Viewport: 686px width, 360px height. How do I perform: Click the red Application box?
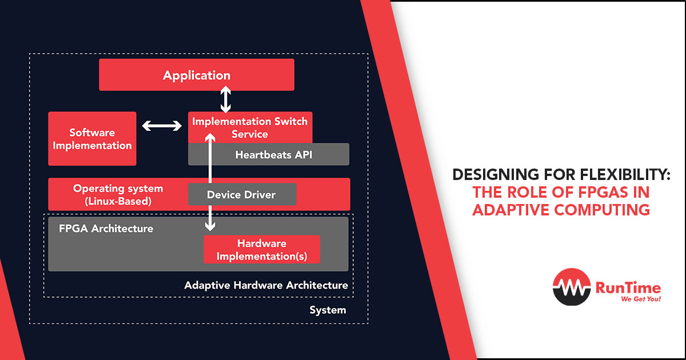(197, 75)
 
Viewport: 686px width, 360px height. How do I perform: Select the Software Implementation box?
(92, 139)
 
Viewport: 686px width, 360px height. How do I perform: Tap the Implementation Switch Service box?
(250, 127)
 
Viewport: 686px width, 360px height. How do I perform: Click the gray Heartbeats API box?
(268, 154)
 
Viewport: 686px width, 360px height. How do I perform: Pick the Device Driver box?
(242, 195)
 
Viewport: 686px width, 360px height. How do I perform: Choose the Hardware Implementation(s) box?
(261, 250)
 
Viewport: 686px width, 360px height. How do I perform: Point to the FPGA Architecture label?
(106, 229)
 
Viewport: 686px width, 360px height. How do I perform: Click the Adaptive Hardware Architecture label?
(266, 285)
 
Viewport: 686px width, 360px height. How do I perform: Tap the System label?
(328, 310)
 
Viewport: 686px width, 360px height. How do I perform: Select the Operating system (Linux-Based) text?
(118, 194)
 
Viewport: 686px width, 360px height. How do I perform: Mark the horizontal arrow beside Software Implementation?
(162, 126)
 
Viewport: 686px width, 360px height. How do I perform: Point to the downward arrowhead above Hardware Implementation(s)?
(210, 226)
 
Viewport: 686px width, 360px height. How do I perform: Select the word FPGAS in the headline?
(603, 192)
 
